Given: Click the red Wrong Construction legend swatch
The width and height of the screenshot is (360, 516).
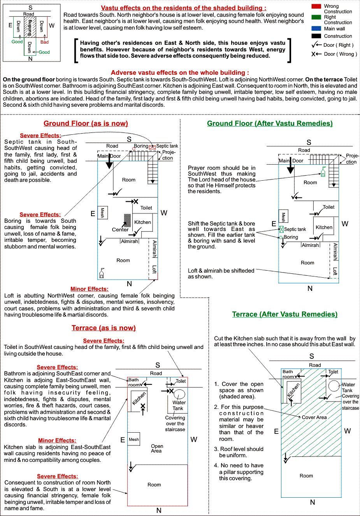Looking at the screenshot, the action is click(x=316, y=6).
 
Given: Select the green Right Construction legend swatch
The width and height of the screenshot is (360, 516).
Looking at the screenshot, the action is click(x=316, y=17).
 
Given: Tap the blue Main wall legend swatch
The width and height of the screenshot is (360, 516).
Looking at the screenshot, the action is click(x=316, y=28).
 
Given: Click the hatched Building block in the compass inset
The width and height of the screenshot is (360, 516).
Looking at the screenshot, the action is click(x=30, y=27).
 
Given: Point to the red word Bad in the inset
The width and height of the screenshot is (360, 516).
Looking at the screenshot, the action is click(x=44, y=42).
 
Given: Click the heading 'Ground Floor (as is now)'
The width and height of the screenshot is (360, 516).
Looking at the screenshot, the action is click(x=86, y=123).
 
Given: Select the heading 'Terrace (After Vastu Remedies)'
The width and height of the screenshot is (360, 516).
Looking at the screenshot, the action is click(x=285, y=314).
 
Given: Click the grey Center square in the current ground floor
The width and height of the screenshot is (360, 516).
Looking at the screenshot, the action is click(x=128, y=220).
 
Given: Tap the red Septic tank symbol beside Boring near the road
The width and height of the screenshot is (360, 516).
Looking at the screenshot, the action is click(x=152, y=148).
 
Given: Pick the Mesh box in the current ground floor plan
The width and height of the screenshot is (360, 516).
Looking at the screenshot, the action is click(x=102, y=212).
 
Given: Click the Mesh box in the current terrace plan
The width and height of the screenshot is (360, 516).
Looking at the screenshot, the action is click(x=134, y=439).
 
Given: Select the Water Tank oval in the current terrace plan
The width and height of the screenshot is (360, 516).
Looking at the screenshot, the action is click(x=179, y=394).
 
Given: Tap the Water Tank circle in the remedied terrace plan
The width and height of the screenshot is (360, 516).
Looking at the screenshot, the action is click(x=334, y=386).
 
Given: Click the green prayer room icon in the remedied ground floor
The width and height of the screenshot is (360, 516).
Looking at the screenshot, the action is click(x=323, y=172).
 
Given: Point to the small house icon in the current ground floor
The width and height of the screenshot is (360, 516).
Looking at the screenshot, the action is click(x=102, y=273).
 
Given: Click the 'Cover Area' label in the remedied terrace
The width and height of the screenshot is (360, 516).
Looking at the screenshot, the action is click(x=314, y=417).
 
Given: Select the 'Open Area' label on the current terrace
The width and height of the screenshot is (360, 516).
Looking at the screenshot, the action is click(x=157, y=448).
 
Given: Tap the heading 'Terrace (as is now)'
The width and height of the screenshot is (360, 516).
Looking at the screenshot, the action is click(x=104, y=328).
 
